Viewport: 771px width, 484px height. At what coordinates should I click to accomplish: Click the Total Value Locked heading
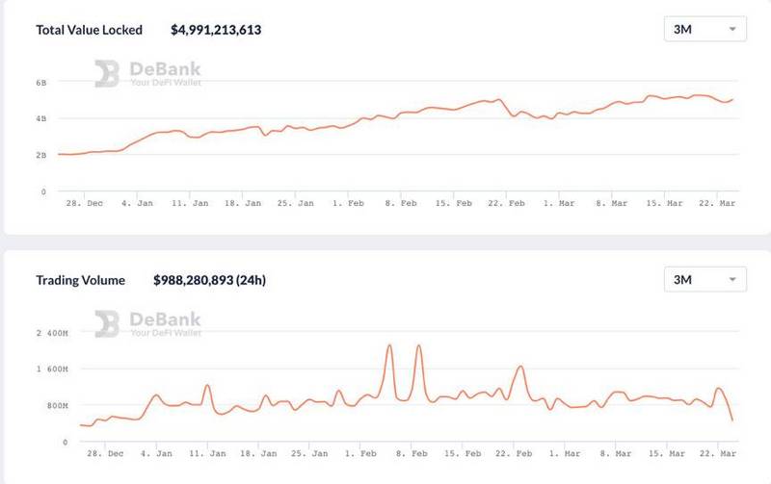[x=89, y=30]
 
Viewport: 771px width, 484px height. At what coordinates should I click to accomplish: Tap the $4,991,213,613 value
[x=216, y=30]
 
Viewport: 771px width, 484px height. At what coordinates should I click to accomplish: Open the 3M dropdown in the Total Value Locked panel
[x=705, y=29]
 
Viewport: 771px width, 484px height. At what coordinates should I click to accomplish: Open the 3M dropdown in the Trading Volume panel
[x=705, y=280]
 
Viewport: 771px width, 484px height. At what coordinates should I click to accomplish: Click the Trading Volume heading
[x=81, y=281]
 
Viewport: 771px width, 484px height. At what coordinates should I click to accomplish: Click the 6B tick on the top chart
[x=40, y=83]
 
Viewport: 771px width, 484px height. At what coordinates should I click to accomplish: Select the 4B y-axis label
[x=40, y=118]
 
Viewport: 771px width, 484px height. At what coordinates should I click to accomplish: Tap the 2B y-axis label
[x=40, y=154]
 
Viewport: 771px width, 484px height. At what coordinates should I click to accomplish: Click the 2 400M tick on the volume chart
[x=53, y=333]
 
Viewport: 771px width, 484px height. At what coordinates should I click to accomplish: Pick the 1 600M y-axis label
[x=53, y=369]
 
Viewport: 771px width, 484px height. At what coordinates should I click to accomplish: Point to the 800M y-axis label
[x=57, y=405]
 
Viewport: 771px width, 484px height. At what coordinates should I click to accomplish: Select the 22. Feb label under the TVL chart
[x=505, y=203]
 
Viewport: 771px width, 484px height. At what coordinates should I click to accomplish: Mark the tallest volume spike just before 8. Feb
[x=389, y=345]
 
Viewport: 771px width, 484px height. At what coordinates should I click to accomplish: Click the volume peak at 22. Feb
[x=520, y=367]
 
